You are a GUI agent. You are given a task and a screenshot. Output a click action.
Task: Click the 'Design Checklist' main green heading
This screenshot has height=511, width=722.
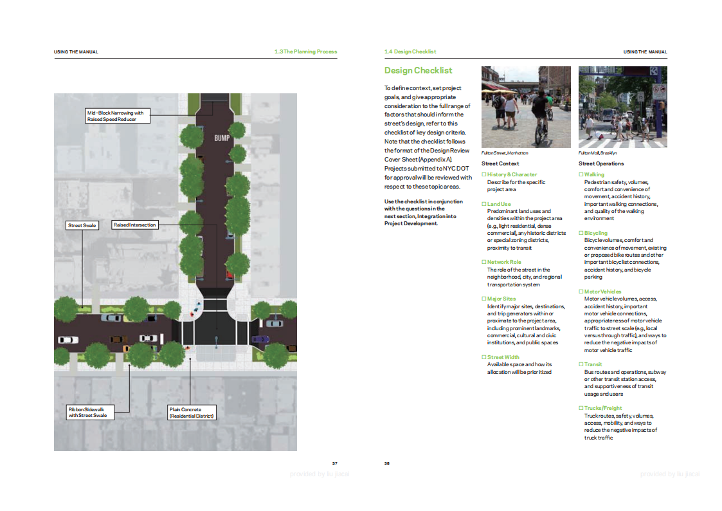(x=418, y=71)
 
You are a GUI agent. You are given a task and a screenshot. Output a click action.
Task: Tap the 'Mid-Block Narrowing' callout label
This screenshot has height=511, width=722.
(x=118, y=116)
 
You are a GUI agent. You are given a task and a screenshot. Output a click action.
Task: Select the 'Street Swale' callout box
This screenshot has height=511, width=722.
(x=82, y=225)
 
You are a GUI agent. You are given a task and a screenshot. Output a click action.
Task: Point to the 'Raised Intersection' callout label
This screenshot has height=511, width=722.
(x=135, y=225)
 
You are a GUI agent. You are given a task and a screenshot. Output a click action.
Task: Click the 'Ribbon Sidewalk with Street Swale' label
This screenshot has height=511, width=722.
(x=90, y=413)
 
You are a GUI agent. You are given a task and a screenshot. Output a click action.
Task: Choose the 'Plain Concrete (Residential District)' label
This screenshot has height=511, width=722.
(x=192, y=413)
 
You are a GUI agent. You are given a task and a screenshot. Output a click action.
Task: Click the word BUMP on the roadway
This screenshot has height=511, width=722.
(x=222, y=138)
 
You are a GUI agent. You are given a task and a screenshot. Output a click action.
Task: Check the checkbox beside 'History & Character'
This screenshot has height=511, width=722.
(x=484, y=174)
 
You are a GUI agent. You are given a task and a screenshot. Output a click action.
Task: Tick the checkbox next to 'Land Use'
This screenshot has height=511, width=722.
(x=484, y=204)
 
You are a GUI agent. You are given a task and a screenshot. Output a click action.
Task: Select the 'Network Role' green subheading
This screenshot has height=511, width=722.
(x=504, y=262)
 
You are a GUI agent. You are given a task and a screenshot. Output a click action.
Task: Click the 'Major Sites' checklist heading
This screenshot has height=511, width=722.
(x=501, y=299)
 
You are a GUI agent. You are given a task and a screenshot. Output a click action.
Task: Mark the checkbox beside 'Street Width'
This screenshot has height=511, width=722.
(x=484, y=357)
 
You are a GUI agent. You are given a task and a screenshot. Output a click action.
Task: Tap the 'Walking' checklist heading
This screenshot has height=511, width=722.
(x=594, y=174)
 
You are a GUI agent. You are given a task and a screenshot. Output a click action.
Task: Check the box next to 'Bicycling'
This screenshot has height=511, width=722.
(x=581, y=233)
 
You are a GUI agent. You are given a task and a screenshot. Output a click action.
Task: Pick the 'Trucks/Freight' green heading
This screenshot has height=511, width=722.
(x=603, y=408)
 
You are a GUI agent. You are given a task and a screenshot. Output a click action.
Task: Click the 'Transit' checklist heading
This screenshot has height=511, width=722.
(x=593, y=364)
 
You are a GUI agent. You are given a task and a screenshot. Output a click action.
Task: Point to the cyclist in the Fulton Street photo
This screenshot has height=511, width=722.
(x=543, y=120)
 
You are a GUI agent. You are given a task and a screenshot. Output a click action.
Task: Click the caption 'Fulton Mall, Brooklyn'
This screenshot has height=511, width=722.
(x=598, y=153)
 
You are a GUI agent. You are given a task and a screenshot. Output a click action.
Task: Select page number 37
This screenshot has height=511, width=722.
(x=335, y=463)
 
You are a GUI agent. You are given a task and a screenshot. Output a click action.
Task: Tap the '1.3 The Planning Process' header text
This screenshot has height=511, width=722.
(x=306, y=51)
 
